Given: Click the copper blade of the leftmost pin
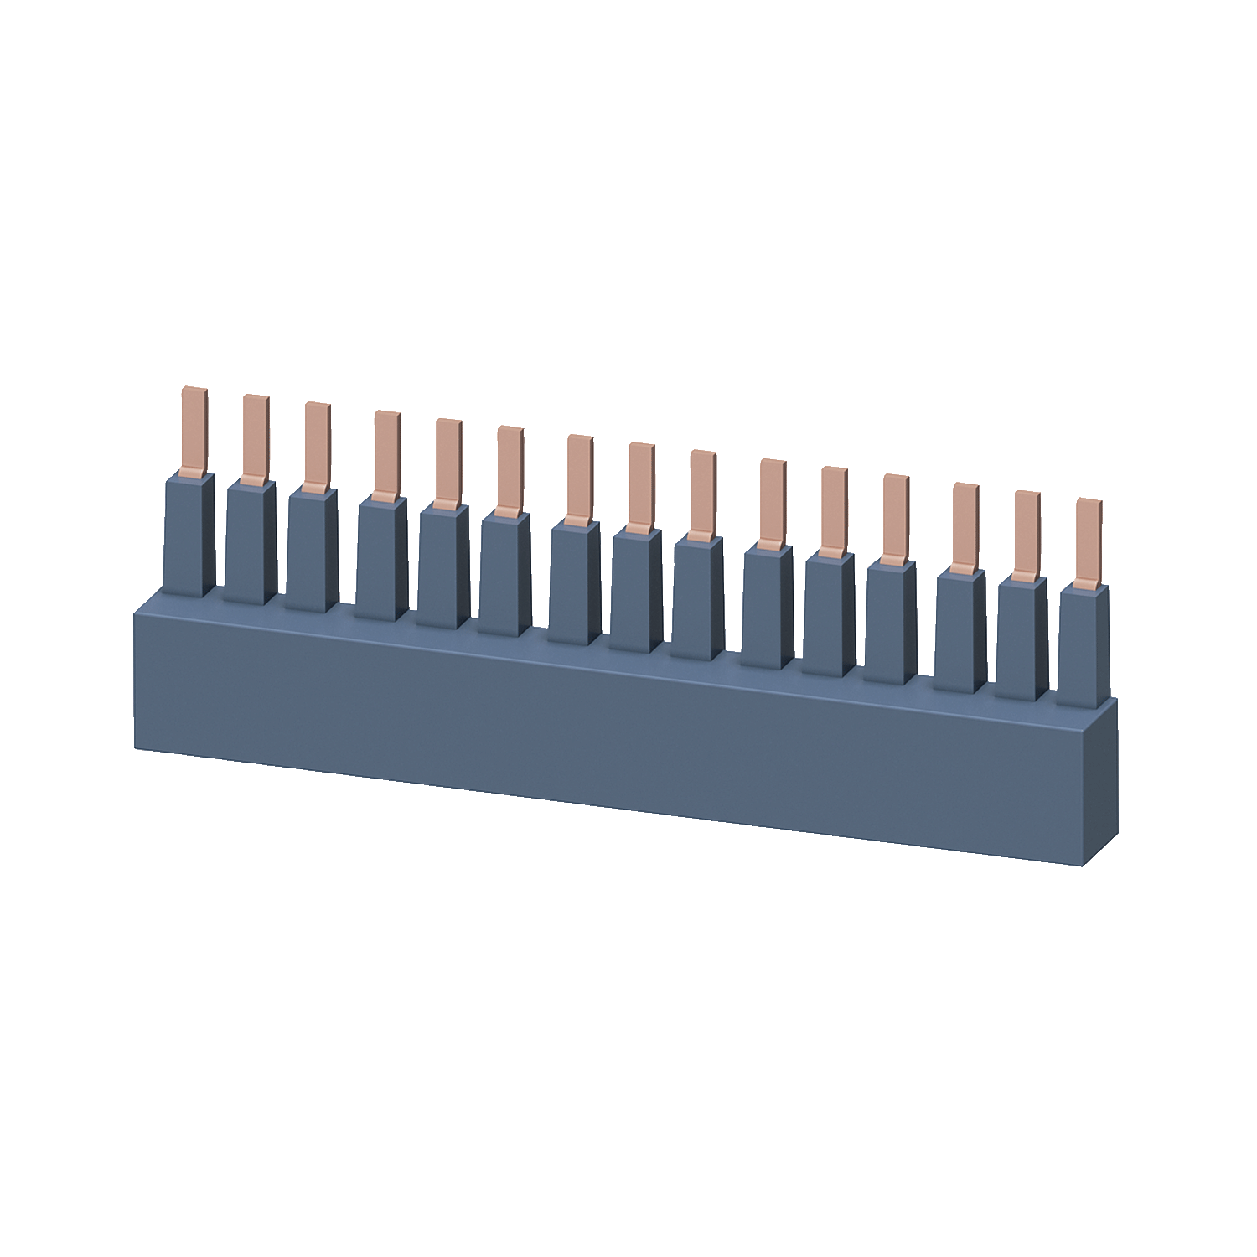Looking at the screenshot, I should (x=194, y=432).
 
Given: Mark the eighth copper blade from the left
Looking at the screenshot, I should (x=641, y=487).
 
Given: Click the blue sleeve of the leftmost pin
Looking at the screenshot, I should (x=189, y=536).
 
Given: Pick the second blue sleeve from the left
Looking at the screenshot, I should (x=250, y=545).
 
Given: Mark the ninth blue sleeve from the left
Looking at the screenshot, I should (x=697, y=599).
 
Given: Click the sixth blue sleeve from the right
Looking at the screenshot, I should (x=767, y=608).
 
